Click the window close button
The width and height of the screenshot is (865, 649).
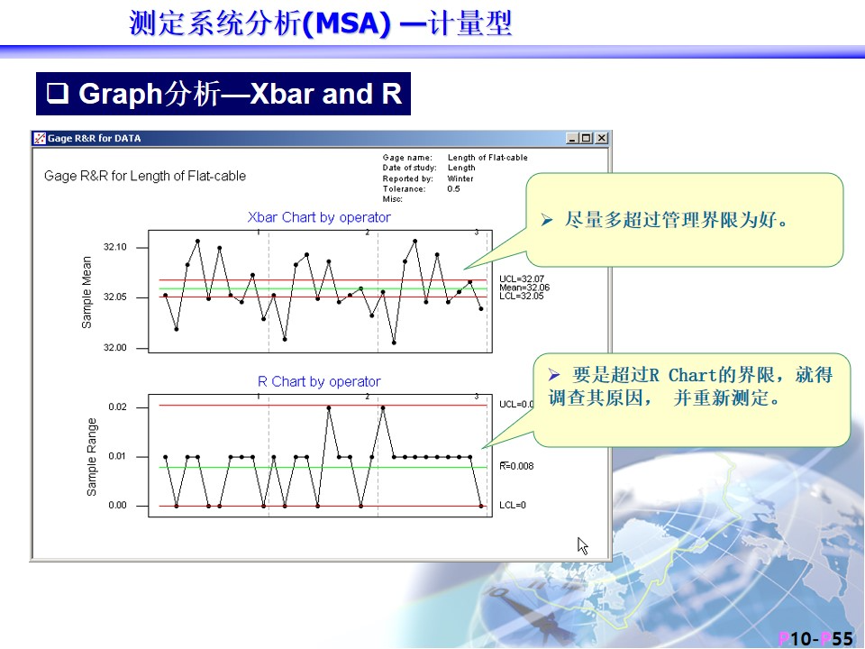[602, 138]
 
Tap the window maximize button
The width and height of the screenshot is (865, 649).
[586, 138]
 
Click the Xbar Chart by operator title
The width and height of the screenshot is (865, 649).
[319, 217]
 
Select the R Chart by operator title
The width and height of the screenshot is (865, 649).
[319, 381]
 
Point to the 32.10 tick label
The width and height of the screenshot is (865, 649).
[114, 247]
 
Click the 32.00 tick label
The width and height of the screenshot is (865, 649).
[114, 348]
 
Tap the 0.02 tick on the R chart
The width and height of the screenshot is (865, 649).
[117, 407]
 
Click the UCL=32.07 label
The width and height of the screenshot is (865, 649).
[522, 279]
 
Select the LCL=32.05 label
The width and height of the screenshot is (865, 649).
[522, 296]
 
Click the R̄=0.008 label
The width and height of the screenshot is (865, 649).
[516, 466]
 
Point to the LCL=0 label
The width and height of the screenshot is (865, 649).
[513, 505]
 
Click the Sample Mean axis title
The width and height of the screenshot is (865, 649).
[86, 292]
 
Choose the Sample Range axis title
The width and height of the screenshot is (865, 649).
[92, 457]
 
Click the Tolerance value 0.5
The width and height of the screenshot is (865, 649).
[453, 188]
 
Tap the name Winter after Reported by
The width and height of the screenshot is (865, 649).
[460, 178]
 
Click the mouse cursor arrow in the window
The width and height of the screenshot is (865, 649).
[583, 545]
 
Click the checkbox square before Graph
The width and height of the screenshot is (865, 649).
[58, 93]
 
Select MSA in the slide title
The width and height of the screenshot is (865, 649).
[346, 23]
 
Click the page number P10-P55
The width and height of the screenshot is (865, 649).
[815, 639]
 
